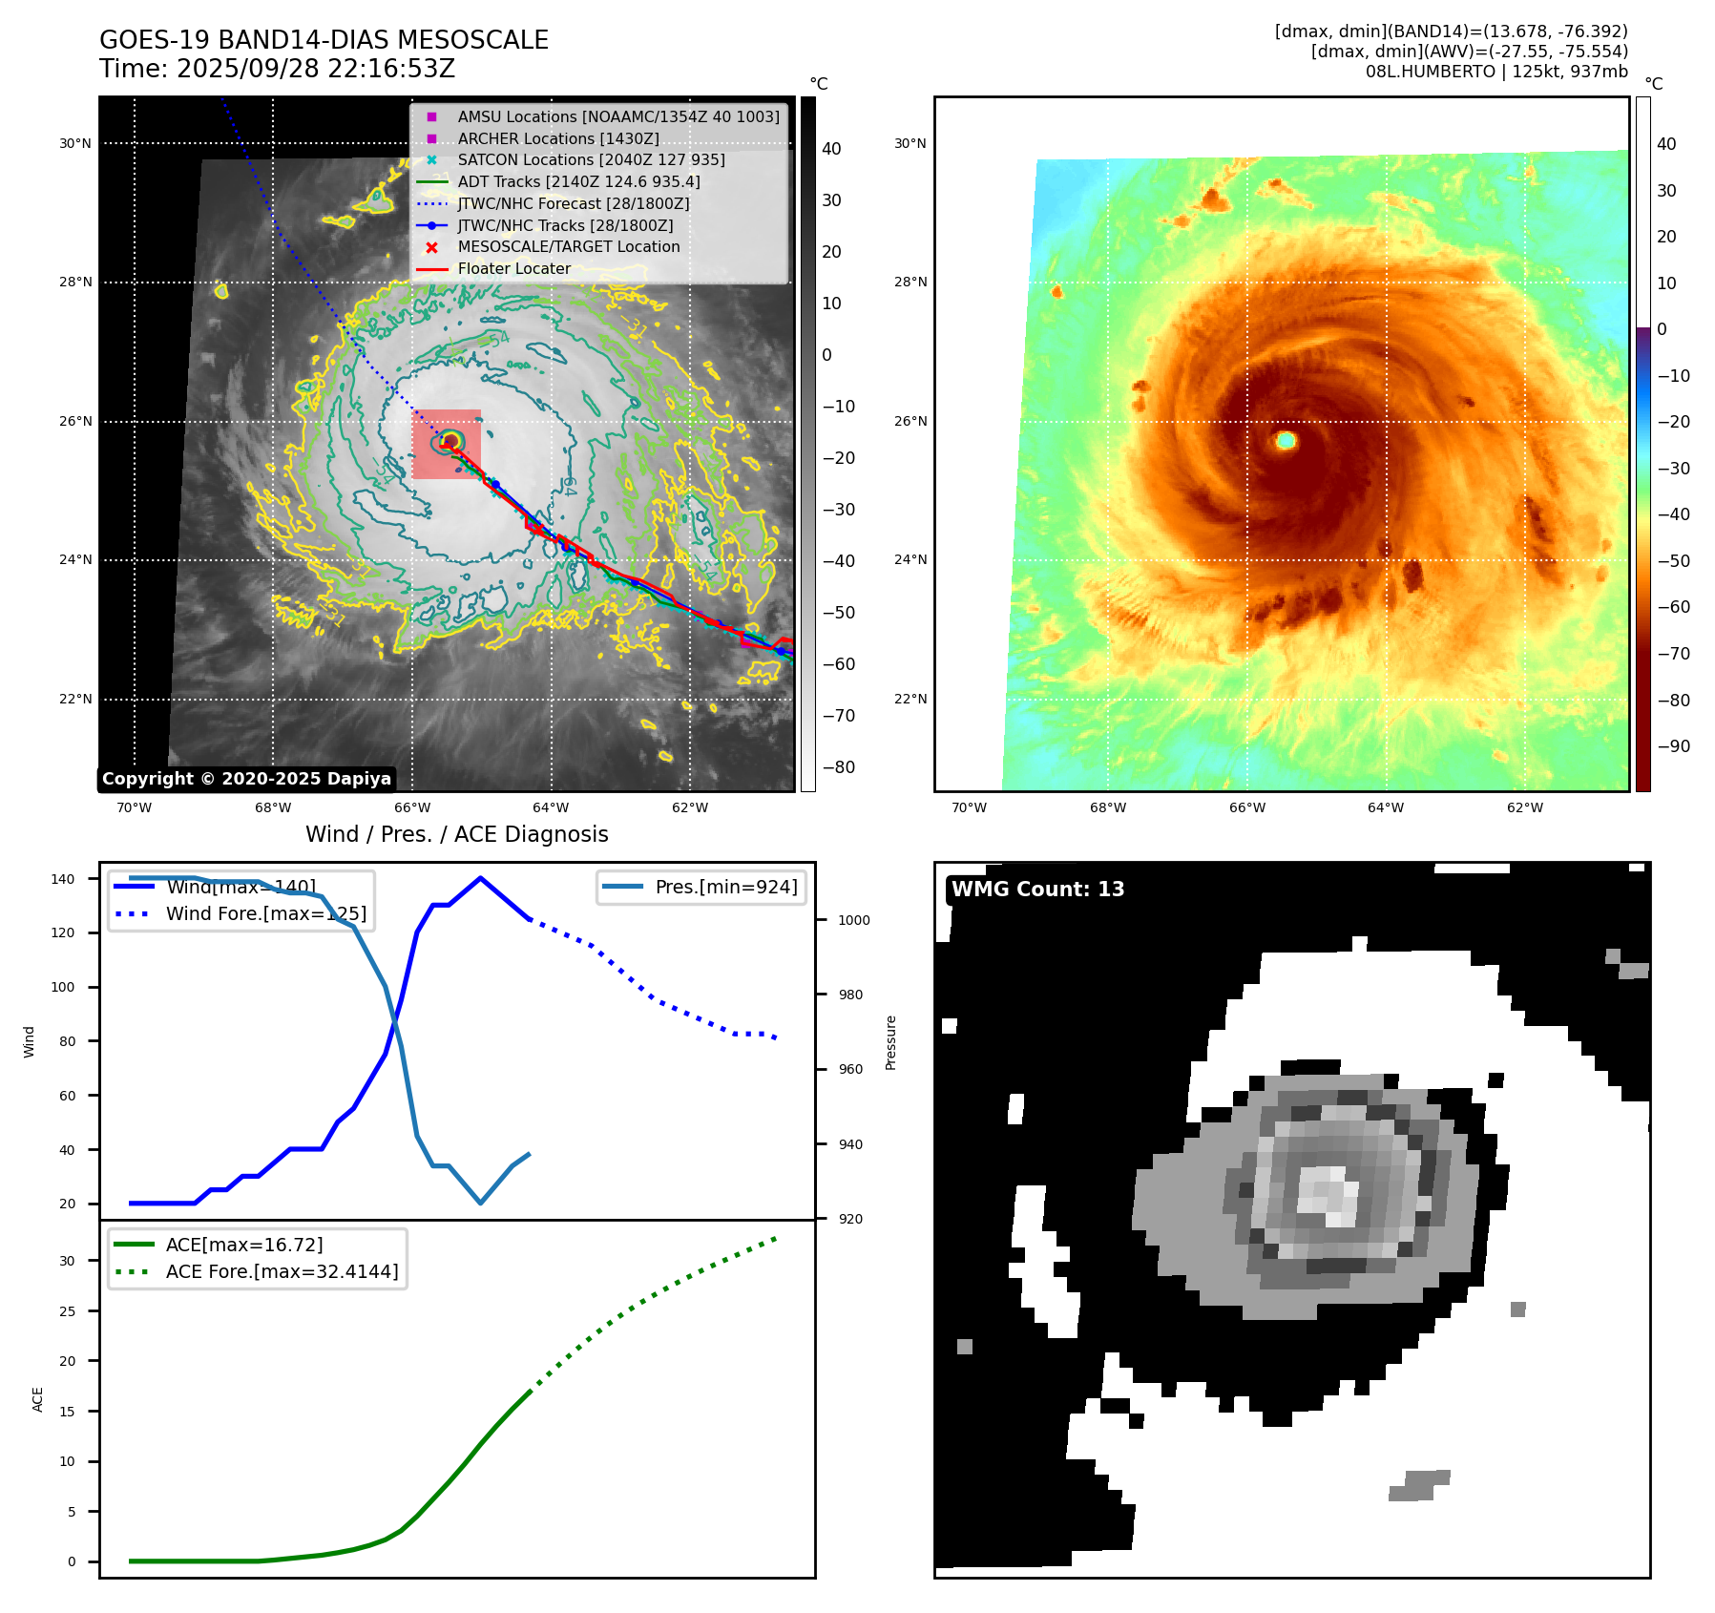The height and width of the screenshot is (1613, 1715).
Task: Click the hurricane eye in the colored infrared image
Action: tap(1286, 440)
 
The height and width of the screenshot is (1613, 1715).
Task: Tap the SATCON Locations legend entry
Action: tap(591, 159)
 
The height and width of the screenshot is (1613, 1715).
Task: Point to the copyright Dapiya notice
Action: tap(246, 779)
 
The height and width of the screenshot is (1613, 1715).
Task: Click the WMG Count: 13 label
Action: tap(1037, 890)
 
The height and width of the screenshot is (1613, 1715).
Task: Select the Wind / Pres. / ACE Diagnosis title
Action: tap(456, 834)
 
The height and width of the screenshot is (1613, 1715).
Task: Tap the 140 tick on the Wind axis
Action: tap(63, 879)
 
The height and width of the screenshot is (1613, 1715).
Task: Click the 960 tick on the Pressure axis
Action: tap(849, 1069)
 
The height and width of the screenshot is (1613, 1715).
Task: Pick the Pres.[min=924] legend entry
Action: tap(725, 887)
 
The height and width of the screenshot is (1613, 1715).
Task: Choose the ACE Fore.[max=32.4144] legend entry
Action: tap(282, 1271)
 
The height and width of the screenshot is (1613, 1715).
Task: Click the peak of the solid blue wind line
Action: tap(480, 878)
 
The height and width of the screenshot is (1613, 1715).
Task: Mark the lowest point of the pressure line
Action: tap(480, 1203)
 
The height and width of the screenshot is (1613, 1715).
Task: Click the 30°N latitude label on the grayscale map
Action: tap(75, 144)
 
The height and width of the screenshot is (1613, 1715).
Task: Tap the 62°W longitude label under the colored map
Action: tap(1524, 807)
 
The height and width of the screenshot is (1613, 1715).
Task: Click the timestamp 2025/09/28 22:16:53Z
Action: tap(315, 70)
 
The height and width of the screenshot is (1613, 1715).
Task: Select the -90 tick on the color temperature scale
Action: tap(1673, 746)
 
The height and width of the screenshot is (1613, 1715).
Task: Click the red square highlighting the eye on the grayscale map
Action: tap(446, 444)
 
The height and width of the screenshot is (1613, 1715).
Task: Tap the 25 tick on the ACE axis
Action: tap(67, 1311)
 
